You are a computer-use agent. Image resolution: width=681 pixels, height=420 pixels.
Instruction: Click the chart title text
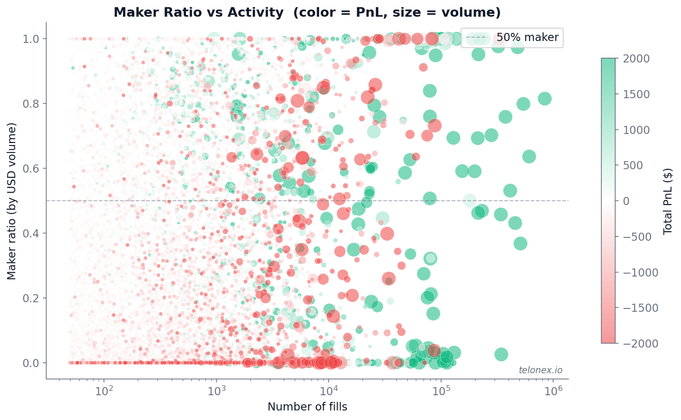pyautogui.click(x=307, y=12)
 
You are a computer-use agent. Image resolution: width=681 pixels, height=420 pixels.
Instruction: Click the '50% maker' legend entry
pyautogui.click(x=527, y=37)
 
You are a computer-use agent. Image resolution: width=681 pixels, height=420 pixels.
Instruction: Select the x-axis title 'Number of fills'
pyautogui.click(x=307, y=407)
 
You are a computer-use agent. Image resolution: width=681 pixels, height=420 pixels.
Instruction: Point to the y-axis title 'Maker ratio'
pyautogui.click(x=12, y=201)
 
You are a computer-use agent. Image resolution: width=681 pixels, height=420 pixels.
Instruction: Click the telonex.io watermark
pyautogui.click(x=540, y=370)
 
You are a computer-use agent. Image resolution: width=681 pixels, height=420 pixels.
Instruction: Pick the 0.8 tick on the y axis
pyautogui.click(x=32, y=103)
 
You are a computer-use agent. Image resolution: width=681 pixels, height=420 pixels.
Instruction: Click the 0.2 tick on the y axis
pyautogui.click(x=32, y=298)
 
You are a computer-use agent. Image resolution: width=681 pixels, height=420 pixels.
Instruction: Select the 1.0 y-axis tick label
pyautogui.click(x=32, y=39)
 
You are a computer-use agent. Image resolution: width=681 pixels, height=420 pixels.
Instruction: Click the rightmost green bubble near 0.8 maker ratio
pyautogui.click(x=545, y=99)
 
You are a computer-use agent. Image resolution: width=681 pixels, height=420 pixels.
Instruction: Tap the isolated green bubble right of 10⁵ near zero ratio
pyautogui.click(x=501, y=354)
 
